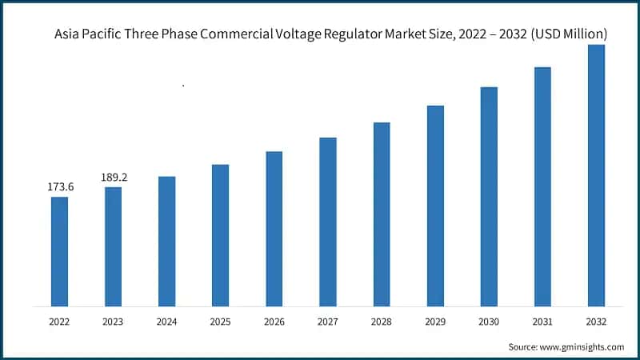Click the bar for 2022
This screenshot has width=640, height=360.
59,250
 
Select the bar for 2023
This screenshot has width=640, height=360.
113,246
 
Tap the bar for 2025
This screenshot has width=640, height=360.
220,234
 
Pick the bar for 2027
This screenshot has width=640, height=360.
327,221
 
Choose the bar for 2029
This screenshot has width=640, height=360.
435,205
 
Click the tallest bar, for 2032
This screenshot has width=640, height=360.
596,174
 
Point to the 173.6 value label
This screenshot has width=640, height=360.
59,187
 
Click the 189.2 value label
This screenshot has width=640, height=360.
113,178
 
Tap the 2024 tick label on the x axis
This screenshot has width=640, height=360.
166,322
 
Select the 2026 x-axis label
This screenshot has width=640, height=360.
274,322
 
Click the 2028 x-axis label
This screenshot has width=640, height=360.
382,322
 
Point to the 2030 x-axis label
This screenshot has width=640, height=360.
489,322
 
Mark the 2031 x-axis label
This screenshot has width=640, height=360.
542,322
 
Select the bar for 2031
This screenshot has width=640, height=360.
542,186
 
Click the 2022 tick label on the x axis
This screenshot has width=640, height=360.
59,322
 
